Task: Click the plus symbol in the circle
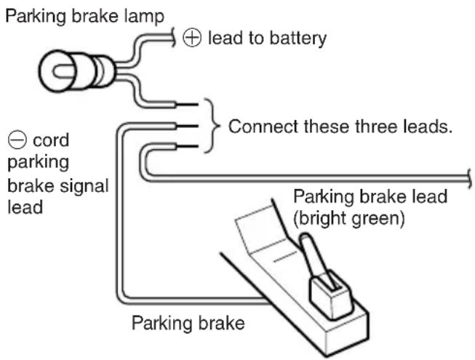click(x=192, y=38)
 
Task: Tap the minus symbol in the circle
click(x=17, y=140)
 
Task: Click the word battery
click(x=298, y=39)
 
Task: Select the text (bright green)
click(x=348, y=218)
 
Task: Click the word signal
click(x=84, y=186)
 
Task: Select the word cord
click(x=51, y=140)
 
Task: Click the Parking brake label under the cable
click(x=188, y=323)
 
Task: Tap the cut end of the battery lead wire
click(x=174, y=38)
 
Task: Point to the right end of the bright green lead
click(x=470, y=179)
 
